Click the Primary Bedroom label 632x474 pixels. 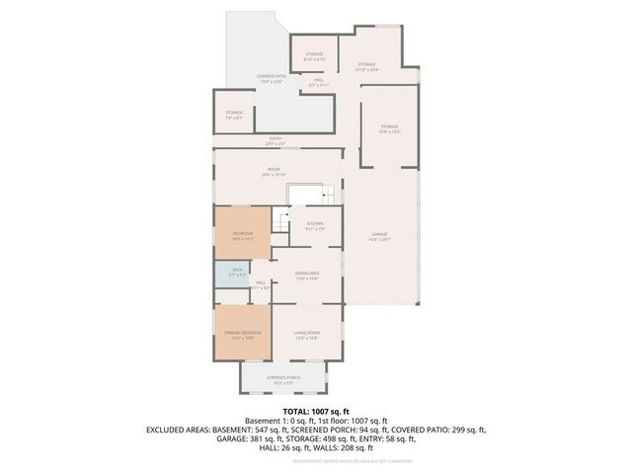click(242, 335)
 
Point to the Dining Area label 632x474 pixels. click(308, 275)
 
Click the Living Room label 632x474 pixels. click(307, 335)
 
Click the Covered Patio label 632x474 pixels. click(272, 77)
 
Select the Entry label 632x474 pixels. click(276, 141)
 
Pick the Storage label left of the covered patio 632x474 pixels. click(234, 115)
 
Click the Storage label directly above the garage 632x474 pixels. click(389, 127)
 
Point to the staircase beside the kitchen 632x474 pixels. click(281, 227)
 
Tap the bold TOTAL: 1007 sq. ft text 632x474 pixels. click(315, 411)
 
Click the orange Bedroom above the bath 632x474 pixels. click(242, 233)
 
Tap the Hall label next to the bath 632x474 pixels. click(260, 285)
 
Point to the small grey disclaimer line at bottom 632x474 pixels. click(315, 460)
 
